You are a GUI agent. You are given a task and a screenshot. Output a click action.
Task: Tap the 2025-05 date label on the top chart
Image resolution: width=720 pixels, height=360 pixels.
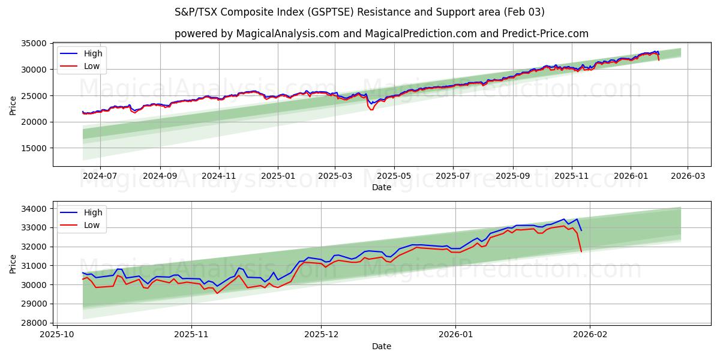394,176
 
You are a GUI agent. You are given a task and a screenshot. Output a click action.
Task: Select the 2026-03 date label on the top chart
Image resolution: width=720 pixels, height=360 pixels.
687,176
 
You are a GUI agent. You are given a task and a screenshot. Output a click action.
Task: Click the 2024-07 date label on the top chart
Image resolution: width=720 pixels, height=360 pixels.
100,176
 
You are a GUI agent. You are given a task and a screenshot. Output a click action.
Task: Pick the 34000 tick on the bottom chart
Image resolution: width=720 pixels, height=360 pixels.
34,209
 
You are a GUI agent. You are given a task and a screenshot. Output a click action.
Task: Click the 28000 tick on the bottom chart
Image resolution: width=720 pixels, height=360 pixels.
34,323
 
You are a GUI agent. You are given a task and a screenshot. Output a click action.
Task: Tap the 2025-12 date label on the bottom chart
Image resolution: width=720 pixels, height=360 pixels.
321,335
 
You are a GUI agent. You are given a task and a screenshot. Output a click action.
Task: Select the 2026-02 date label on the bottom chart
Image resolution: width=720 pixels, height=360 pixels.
590,335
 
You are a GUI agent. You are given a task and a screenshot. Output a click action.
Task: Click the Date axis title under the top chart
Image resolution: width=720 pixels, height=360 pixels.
381,187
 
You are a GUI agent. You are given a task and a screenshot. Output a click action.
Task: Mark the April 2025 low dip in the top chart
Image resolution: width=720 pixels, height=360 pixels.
371,109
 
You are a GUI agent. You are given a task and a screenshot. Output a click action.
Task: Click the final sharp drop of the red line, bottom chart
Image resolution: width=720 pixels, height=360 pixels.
580,243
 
